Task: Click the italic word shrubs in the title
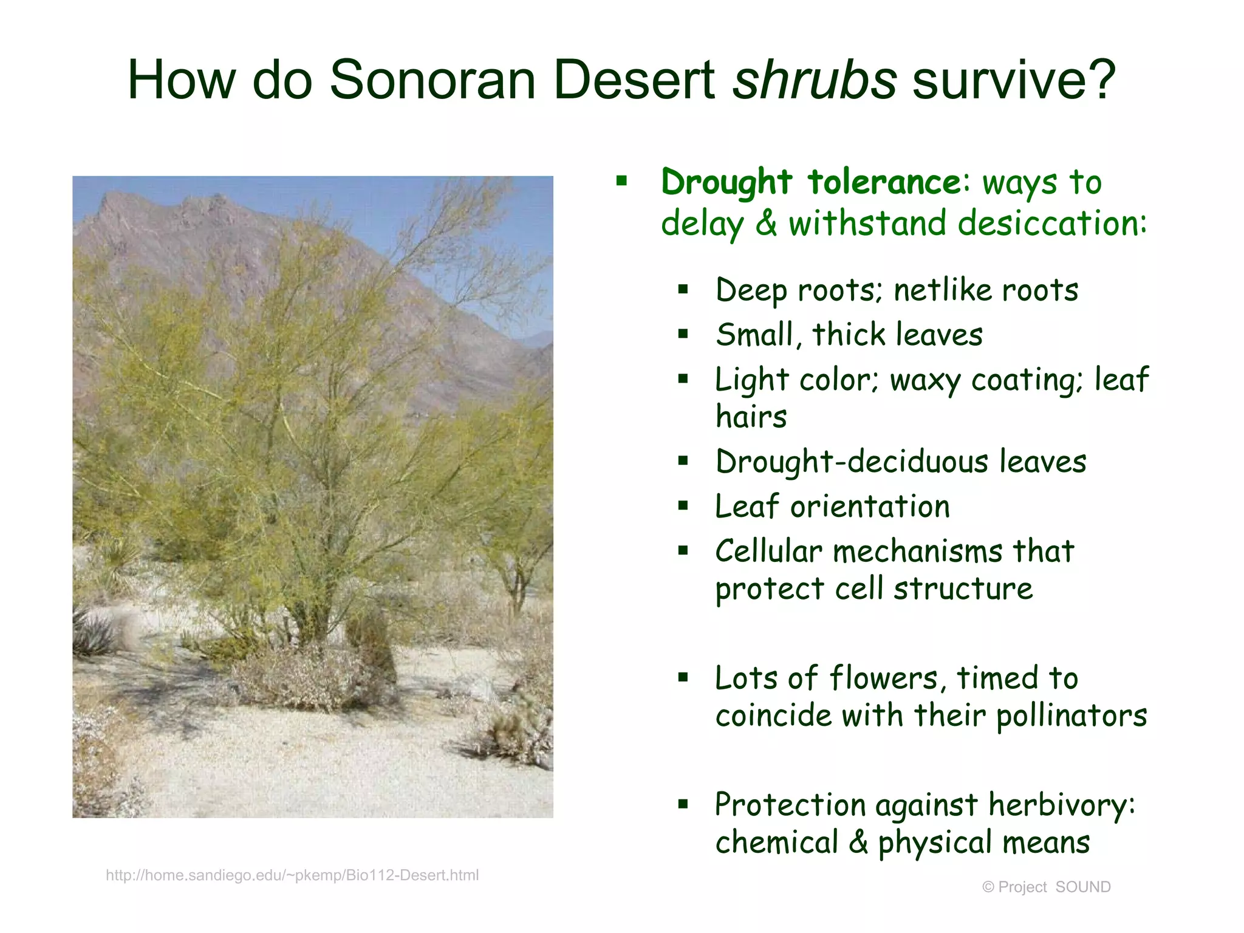(x=814, y=80)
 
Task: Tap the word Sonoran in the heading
(x=432, y=80)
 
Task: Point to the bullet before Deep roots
(x=683, y=290)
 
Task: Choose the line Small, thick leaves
(x=849, y=335)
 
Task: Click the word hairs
(x=751, y=417)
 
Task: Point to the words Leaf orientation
(x=832, y=507)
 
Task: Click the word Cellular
(x=768, y=552)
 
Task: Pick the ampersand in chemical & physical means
(x=858, y=842)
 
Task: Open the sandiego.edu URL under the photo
(x=292, y=875)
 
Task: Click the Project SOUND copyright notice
(x=1046, y=887)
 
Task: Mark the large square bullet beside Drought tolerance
(x=621, y=180)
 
